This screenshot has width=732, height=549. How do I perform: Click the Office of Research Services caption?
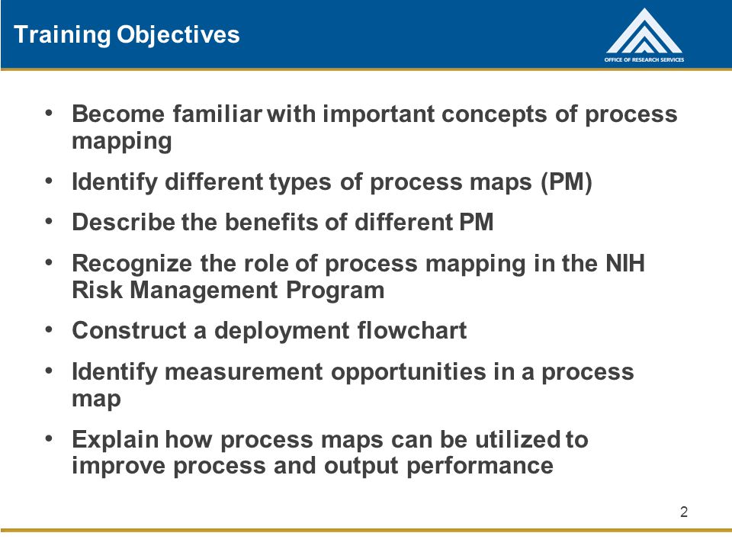(x=644, y=59)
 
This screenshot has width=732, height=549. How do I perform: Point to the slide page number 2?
(x=684, y=512)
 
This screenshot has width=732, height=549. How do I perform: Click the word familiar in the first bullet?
(x=217, y=114)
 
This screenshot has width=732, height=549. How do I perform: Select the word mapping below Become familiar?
(x=122, y=142)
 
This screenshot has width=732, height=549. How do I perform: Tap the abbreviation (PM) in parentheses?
(x=567, y=181)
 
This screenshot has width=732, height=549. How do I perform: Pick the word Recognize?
(x=132, y=264)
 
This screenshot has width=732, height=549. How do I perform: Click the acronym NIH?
(x=625, y=263)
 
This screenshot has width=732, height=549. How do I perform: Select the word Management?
(x=204, y=291)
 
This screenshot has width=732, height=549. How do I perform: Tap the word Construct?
(x=129, y=330)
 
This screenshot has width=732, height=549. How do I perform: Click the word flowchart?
(x=412, y=330)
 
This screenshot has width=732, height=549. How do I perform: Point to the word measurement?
(x=243, y=372)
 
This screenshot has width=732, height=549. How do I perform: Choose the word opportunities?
(x=409, y=373)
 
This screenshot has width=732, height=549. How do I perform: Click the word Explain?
(x=115, y=440)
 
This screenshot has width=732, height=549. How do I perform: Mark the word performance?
(x=480, y=466)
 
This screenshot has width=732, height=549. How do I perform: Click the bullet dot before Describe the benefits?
(x=49, y=221)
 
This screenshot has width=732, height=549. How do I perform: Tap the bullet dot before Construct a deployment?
(x=49, y=329)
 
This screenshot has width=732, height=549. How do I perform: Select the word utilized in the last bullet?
(x=518, y=439)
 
